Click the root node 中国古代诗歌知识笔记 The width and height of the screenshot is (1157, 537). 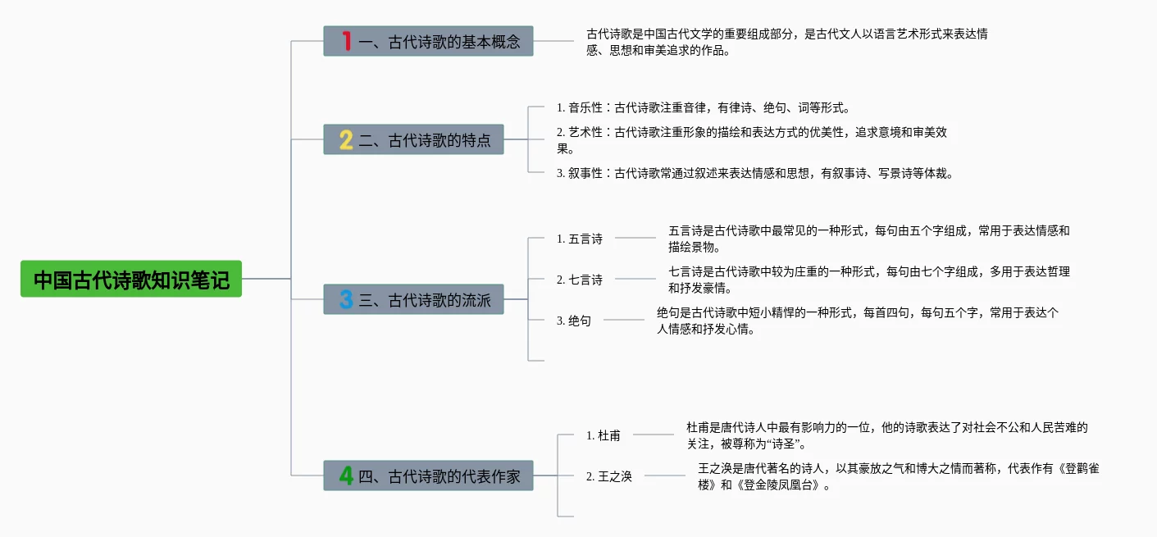131,280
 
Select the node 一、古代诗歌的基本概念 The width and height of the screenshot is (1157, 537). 428,41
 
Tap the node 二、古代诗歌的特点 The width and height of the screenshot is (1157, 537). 413,139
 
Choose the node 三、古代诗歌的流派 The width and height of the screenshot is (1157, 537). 413,300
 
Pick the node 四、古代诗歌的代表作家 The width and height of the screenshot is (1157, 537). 428,476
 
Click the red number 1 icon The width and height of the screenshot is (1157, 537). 346,41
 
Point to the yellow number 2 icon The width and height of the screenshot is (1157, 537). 346,139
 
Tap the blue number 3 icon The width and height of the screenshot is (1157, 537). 346,300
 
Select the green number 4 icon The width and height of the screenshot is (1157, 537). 346,476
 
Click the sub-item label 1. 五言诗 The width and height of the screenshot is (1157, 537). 580,239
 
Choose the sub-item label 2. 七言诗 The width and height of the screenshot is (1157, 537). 580,280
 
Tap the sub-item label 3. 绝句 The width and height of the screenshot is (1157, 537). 574,321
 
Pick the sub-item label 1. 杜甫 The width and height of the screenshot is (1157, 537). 604,435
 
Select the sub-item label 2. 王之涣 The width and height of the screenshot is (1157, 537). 609,476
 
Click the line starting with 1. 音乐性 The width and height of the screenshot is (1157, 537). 704,107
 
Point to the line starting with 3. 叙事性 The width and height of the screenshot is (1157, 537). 754,173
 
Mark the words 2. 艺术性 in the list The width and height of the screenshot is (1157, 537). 580,132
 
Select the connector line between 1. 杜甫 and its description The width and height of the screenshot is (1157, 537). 654,435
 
